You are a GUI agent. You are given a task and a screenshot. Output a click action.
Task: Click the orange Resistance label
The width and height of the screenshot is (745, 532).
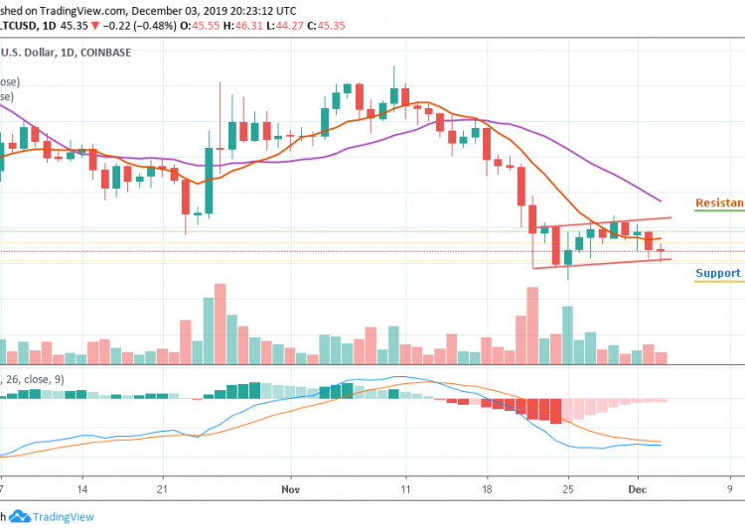pos(719,202)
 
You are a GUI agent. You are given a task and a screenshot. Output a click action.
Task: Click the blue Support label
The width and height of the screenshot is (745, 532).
pos(717,273)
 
